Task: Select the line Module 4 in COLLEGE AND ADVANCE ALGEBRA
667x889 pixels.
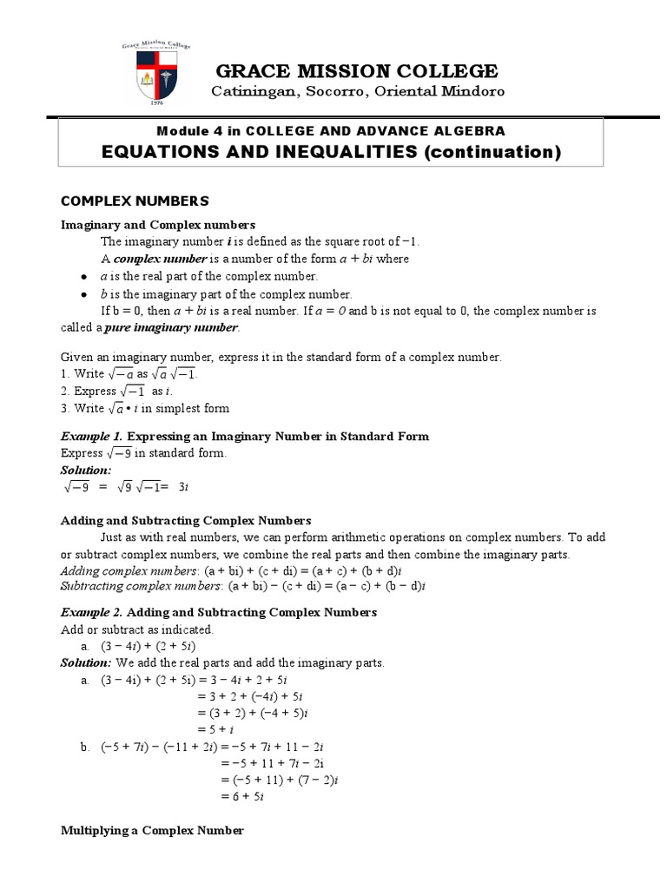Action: (330, 130)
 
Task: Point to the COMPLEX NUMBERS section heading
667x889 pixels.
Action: (135, 201)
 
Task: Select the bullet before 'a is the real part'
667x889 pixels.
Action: (83, 276)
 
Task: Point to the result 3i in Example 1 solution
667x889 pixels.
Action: (182, 487)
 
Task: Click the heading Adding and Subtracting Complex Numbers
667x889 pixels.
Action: (185, 520)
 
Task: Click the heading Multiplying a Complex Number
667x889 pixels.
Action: (152, 831)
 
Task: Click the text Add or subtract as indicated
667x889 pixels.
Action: (136, 629)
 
